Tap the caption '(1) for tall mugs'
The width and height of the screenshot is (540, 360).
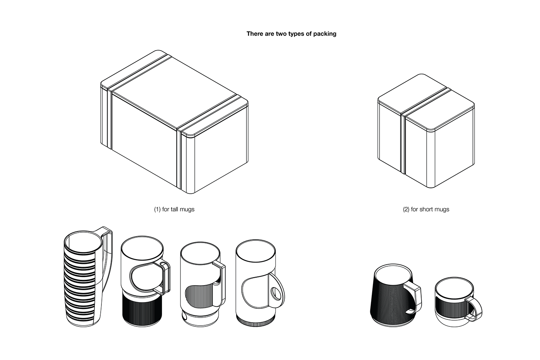[x=174, y=210]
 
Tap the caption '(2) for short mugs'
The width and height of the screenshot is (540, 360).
[x=426, y=210]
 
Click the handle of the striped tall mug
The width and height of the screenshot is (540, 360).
[x=109, y=255]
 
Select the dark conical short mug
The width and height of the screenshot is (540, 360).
[x=390, y=305]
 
